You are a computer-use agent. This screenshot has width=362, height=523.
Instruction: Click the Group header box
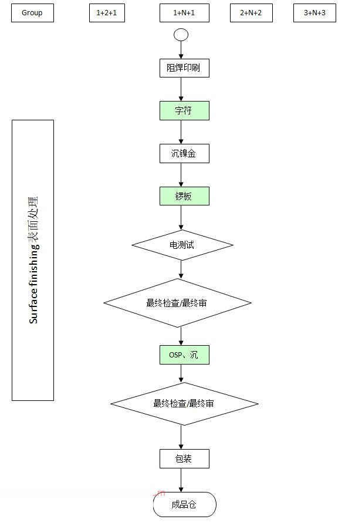click(32, 13)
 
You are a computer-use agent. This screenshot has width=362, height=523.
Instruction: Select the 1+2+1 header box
click(107, 13)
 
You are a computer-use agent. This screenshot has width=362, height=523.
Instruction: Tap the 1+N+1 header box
click(184, 13)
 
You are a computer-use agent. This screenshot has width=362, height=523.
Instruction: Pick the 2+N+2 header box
click(251, 13)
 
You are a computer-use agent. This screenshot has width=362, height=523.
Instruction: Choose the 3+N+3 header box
click(314, 13)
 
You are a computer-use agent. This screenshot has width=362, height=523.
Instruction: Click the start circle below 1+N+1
click(181, 35)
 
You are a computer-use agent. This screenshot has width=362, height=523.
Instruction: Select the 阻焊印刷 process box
click(184, 68)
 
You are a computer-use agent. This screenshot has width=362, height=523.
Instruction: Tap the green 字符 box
click(184, 111)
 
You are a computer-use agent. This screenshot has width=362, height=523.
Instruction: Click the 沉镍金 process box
click(184, 154)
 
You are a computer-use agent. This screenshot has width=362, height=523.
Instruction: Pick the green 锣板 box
click(184, 197)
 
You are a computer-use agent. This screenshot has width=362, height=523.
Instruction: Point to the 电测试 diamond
click(182, 245)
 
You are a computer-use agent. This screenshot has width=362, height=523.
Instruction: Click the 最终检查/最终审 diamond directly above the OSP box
click(178, 303)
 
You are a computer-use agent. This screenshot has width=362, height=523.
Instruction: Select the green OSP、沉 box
click(184, 355)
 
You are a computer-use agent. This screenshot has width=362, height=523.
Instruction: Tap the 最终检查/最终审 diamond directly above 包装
click(184, 404)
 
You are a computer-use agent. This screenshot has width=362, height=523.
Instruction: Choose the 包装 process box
click(184, 458)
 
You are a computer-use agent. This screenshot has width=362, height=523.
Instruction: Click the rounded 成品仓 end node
click(184, 505)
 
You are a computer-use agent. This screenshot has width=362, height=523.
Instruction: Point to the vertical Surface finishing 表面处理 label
click(33, 261)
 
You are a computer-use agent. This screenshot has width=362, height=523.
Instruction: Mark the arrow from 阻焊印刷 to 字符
click(181, 89)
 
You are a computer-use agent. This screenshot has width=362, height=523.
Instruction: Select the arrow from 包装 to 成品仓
click(181, 480)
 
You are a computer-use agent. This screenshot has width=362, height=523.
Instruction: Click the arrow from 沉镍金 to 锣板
click(181, 175)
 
